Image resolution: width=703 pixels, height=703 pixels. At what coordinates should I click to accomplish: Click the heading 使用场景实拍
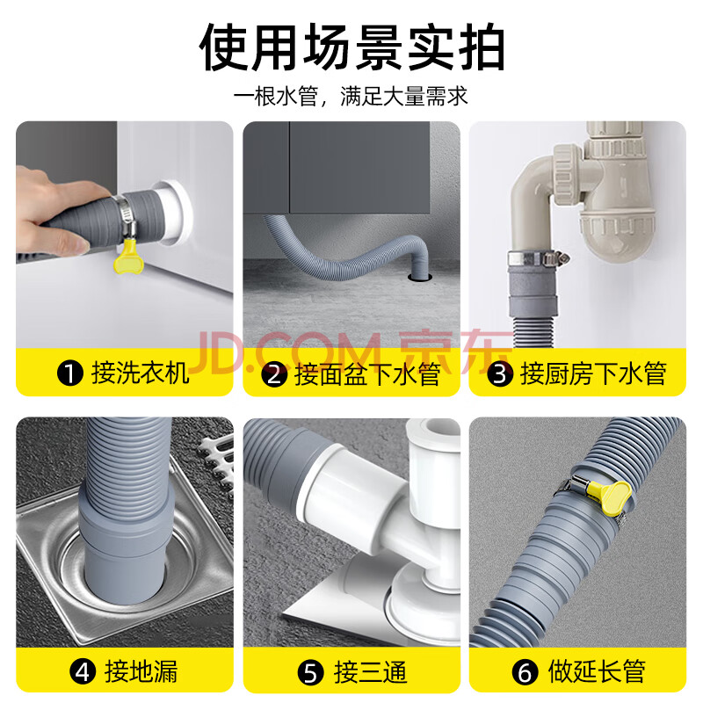(352, 47)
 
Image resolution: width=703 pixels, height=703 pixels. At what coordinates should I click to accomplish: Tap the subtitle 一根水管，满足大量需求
(350, 96)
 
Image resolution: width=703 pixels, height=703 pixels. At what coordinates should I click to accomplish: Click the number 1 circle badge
(70, 373)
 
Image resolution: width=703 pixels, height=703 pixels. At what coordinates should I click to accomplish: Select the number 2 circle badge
(274, 374)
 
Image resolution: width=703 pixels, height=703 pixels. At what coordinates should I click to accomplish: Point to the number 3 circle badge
(500, 374)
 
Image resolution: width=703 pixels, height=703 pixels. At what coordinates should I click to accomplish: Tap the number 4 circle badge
(83, 671)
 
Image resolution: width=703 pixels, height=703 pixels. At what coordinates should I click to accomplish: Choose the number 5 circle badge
(311, 672)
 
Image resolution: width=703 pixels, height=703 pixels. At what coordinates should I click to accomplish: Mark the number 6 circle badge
(525, 671)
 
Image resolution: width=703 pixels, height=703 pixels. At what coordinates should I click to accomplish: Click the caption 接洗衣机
(140, 373)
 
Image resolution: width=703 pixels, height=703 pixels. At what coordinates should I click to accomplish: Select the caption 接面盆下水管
(367, 374)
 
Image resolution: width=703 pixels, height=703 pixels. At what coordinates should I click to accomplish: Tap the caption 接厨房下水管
(592, 374)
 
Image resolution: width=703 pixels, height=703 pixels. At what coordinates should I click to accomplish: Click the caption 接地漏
(141, 671)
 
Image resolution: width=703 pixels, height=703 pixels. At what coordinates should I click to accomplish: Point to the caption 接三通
(370, 672)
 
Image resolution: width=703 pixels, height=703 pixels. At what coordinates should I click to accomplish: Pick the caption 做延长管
(597, 671)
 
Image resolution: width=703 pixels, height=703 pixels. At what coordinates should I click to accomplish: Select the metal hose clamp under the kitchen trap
(537, 258)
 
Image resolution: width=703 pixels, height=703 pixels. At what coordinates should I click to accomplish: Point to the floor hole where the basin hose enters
(420, 278)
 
